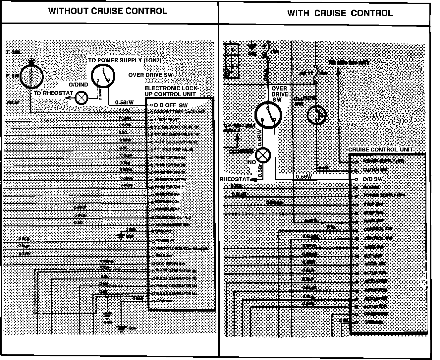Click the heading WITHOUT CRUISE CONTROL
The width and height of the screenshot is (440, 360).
tap(108, 11)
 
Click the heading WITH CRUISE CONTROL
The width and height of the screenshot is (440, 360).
tap(340, 13)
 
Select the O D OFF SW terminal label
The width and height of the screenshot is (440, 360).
tap(170, 105)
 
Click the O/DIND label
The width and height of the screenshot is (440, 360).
tap(78, 85)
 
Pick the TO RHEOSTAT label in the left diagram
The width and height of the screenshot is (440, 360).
tap(53, 93)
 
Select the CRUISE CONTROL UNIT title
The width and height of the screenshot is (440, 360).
tap(380, 150)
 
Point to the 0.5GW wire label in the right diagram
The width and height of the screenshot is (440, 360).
tap(304, 177)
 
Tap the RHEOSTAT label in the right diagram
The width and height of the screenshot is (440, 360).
tap(235, 179)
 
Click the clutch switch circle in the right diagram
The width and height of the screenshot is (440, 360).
tap(316, 115)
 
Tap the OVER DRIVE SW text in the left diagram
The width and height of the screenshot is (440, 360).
tap(151, 75)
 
